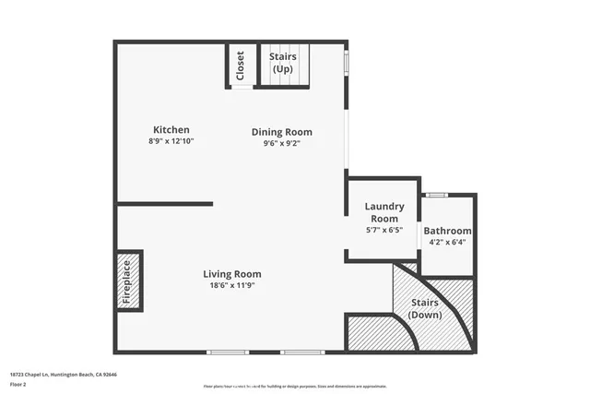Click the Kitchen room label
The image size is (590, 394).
(171, 130)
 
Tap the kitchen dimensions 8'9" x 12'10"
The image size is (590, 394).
(171, 141)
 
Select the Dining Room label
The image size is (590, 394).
(282, 132)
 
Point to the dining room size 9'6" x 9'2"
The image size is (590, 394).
(282, 143)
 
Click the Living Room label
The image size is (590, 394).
(232, 274)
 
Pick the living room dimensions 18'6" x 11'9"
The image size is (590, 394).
(232, 285)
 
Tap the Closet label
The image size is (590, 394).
(242, 66)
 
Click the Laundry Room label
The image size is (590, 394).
(384, 212)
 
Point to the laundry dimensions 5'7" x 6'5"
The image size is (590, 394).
(384, 229)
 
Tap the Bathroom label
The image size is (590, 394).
(447, 231)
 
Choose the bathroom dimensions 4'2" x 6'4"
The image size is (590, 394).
(447, 243)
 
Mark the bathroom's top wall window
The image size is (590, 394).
(437, 195)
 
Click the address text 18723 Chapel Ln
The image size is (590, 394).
(64, 375)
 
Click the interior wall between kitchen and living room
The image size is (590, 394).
(165, 203)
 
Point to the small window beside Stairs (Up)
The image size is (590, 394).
(347, 61)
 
